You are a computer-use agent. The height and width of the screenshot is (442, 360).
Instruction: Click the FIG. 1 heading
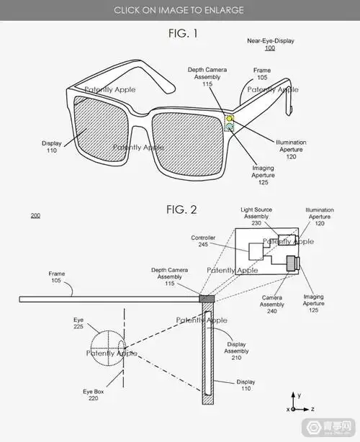point(179,33)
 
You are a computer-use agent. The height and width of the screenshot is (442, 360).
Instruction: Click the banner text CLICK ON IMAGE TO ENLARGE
point(179,10)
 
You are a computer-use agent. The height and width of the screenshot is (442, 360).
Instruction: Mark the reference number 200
point(36,215)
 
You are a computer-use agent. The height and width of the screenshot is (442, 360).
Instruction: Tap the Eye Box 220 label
point(94,394)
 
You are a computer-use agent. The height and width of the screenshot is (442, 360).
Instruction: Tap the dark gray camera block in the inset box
point(292,264)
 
